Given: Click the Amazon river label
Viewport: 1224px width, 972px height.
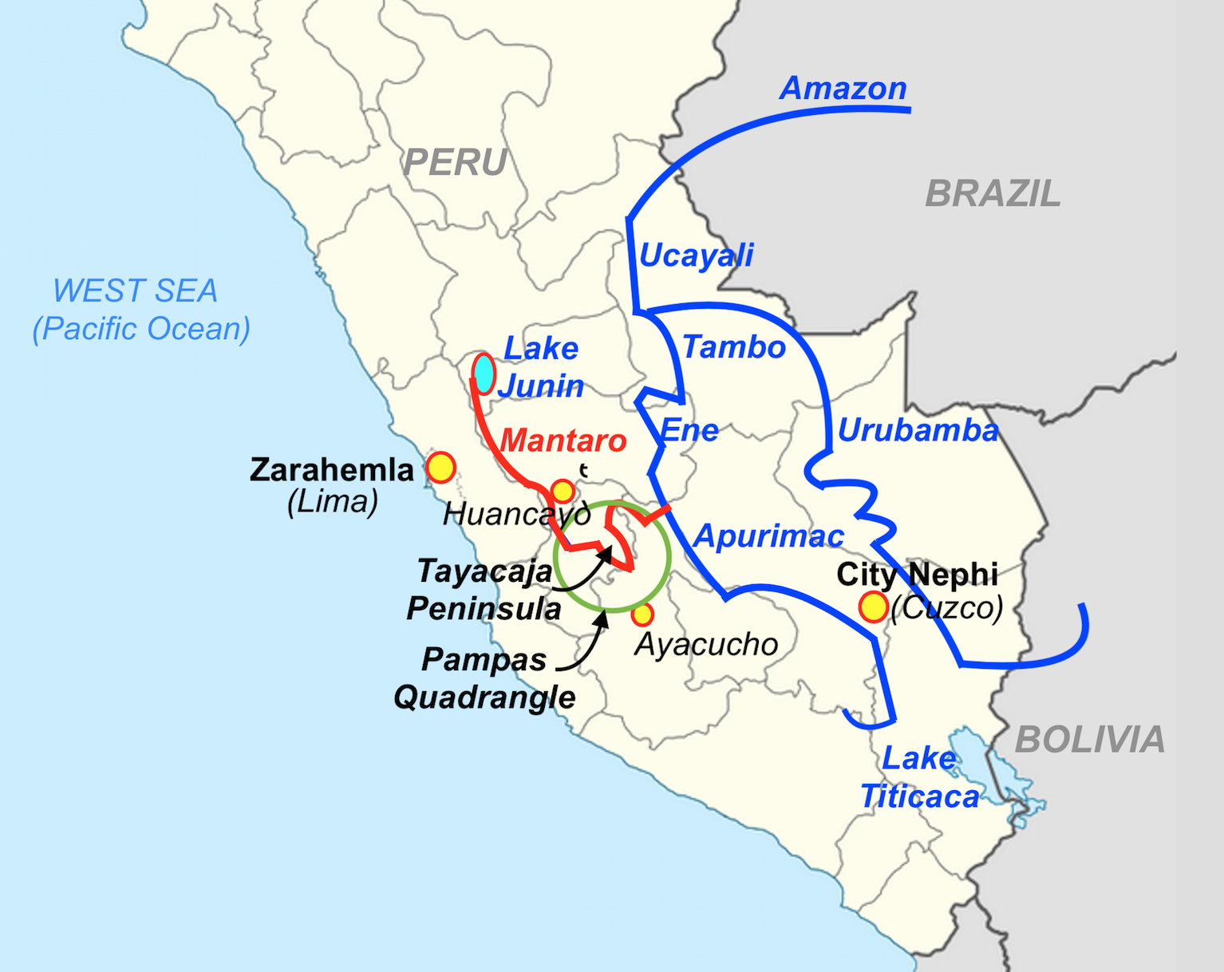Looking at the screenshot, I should pyautogui.click(x=843, y=88).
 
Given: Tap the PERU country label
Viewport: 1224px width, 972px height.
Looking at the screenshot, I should pyautogui.click(x=455, y=163).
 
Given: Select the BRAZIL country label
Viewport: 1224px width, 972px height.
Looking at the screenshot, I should pyautogui.click(x=993, y=194).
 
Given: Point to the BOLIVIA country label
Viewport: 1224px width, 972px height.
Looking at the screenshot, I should pyautogui.click(x=1090, y=740).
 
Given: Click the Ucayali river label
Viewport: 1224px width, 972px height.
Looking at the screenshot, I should pyautogui.click(x=696, y=255).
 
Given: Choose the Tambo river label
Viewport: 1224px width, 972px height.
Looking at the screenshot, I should pyautogui.click(x=734, y=347).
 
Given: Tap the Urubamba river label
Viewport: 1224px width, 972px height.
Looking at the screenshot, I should pyautogui.click(x=918, y=430).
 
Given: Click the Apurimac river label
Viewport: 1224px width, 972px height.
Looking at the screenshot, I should pyautogui.click(x=768, y=536).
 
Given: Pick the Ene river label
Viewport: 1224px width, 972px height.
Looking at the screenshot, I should pyautogui.click(x=689, y=431).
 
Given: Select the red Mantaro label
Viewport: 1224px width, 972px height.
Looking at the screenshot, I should pyautogui.click(x=563, y=441).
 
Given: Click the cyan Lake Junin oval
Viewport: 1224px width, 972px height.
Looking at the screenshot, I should pyautogui.click(x=483, y=373).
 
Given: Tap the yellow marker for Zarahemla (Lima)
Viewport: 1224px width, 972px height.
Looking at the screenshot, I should pyautogui.click(x=440, y=468).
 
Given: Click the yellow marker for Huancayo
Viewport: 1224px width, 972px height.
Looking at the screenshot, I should pyautogui.click(x=563, y=490).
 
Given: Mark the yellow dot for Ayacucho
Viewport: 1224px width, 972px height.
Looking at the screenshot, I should pyautogui.click(x=642, y=614).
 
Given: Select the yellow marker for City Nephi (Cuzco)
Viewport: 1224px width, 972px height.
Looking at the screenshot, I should pyautogui.click(x=873, y=607).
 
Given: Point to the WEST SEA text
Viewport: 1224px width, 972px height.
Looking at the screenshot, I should pyautogui.click(x=136, y=291).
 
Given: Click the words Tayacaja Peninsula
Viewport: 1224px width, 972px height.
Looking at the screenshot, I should pyautogui.click(x=484, y=590).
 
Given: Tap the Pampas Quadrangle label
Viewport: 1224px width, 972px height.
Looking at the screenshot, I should pyautogui.click(x=484, y=678).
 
